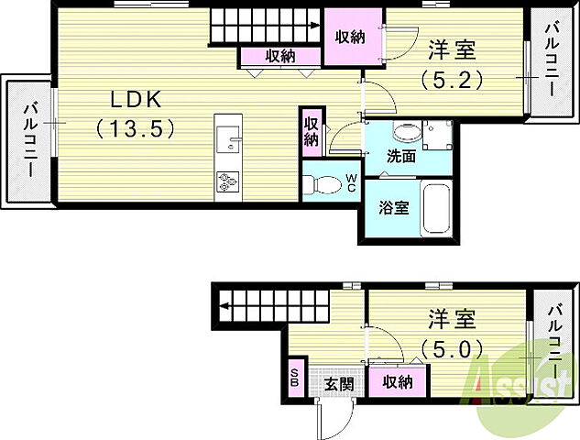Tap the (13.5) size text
tap(134, 128)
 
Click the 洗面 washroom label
tap(400, 156)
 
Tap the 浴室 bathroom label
tap(394, 206)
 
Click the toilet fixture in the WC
tap(321, 183)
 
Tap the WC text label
tap(351, 182)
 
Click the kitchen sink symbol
tap(228, 142)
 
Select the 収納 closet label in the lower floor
tap(396, 381)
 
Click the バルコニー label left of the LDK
tap(30, 142)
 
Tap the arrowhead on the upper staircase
tap(314, 27)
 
